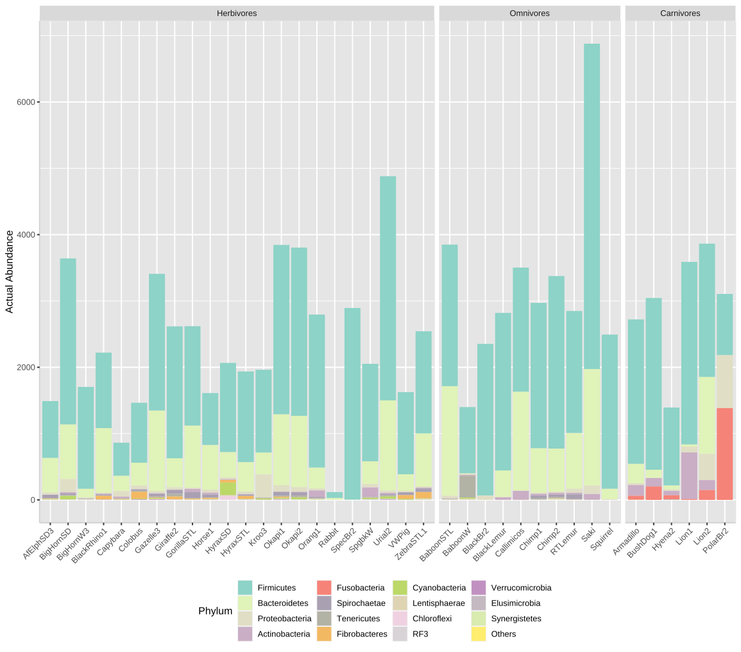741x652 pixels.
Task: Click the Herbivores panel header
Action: tap(237, 13)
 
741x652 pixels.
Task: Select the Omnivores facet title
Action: tap(529, 13)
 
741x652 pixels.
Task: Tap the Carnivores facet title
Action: tap(680, 13)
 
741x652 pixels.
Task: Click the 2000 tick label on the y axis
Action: tap(26, 368)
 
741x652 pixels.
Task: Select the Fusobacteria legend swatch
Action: tap(325, 587)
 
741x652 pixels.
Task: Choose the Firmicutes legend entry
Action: tap(277, 587)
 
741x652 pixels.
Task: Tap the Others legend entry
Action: tap(503, 634)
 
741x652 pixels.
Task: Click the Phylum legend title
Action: tap(215, 611)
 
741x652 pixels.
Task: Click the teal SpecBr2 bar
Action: tap(352, 404)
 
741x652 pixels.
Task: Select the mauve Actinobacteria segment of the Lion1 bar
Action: tap(689, 475)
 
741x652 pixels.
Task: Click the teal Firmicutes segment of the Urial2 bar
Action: tap(388, 289)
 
